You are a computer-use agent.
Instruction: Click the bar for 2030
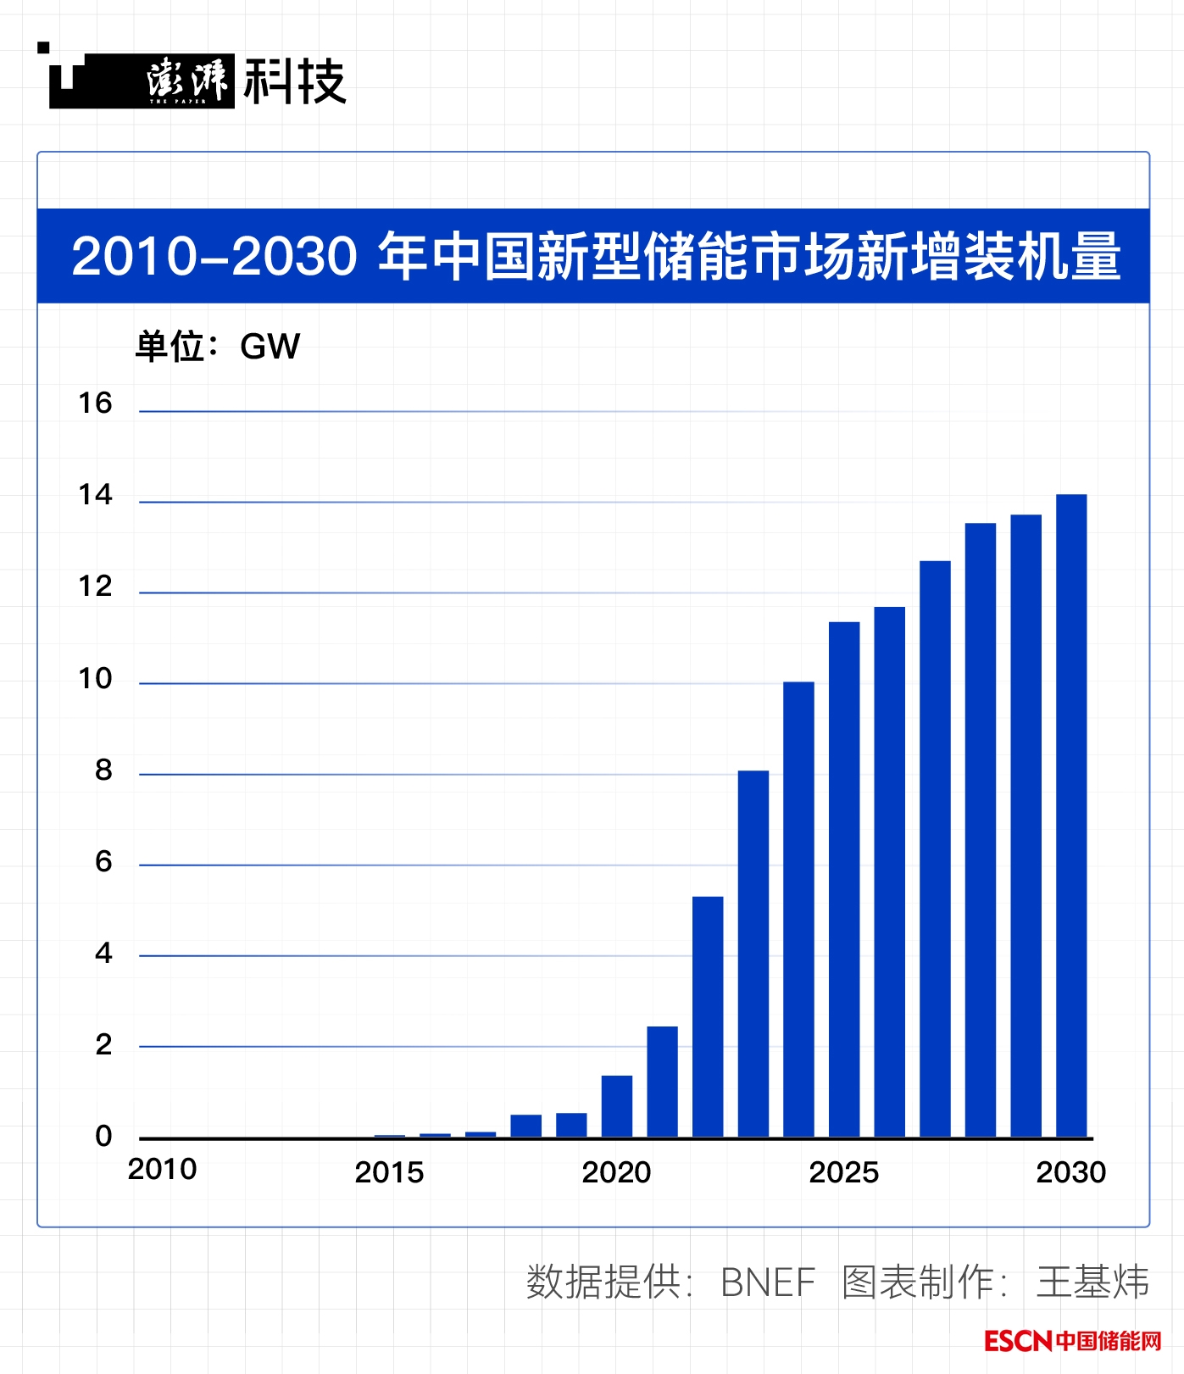coord(1070,815)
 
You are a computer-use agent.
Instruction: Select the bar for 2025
coord(844,879)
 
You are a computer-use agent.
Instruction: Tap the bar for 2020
coord(617,1105)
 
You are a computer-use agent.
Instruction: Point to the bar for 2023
coord(753,953)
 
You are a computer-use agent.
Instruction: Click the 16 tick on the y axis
coord(95,403)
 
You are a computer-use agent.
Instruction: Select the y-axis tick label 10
coord(95,678)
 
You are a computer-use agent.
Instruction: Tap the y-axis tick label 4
coord(103,953)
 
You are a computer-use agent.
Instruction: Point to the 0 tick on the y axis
coord(103,1136)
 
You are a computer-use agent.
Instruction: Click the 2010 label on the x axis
coord(162,1170)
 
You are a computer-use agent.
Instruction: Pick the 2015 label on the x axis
coord(389,1172)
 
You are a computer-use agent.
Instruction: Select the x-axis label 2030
coord(1070,1172)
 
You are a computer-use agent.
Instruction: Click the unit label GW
coord(270,347)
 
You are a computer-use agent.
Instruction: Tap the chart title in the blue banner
coord(596,256)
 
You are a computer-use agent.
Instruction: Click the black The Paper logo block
coord(142,81)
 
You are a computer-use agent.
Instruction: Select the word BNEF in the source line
coord(767,1282)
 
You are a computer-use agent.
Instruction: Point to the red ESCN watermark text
coord(1017,1341)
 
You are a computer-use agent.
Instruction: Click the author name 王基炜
coord(1092,1282)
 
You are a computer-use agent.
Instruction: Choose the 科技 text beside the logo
coord(295,82)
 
